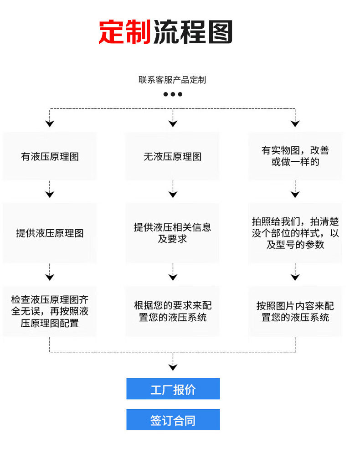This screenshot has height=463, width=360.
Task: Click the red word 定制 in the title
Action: (x=124, y=32)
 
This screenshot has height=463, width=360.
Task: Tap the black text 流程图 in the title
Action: (x=193, y=32)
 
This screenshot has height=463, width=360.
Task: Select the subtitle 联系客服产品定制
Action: (x=172, y=80)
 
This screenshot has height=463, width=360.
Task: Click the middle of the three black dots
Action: (x=173, y=94)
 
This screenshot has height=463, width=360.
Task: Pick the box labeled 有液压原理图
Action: (x=50, y=156)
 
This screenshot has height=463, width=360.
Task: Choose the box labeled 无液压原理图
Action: (x=172, y=156)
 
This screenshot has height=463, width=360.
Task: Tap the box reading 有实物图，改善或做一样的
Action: (x=295, y=156)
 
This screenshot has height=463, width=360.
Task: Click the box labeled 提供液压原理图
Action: (x=50, y=233)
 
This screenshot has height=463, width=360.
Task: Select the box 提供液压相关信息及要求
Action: (x=172, y=233)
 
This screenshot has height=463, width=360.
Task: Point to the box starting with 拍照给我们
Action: (x=295, y=233)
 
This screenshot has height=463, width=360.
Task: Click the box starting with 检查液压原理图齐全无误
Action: (x=50, y=312)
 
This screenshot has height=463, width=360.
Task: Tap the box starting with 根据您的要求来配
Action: (x=172, y=312)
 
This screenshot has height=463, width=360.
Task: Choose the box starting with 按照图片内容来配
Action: (x=295, y=312)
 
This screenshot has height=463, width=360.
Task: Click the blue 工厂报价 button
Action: (x=173, y=389)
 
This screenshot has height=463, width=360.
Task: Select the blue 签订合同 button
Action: (x=173, y=420)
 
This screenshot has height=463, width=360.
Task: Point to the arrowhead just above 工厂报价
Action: (x=173, y=367)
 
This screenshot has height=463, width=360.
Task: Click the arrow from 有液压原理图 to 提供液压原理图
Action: (x=50, y=190)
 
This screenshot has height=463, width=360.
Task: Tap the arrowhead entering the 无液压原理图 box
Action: (x=173, y=123)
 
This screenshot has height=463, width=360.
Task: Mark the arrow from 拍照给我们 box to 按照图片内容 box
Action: (x=295, y=273)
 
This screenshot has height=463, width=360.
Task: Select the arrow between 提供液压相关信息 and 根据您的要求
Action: (x=173, y=273)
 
